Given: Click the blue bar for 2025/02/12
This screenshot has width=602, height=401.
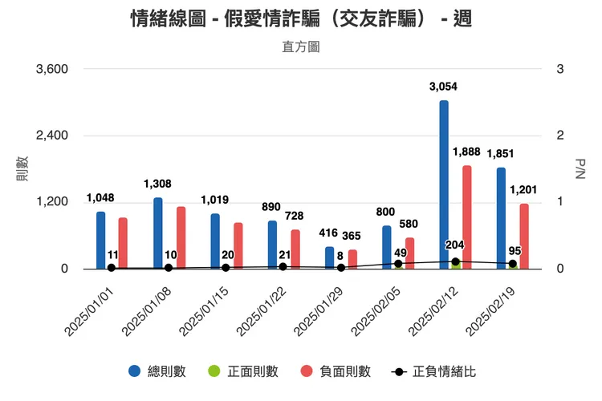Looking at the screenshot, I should click(444, 184).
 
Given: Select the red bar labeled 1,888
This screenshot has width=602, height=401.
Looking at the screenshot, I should click(466, 217).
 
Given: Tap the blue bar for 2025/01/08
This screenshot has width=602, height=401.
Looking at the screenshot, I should click(158, 233).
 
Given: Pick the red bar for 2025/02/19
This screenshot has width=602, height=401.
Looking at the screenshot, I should click(524, 236).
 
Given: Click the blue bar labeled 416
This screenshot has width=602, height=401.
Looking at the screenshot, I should click(330, 257).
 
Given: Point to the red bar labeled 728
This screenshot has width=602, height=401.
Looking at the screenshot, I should click(295, 249).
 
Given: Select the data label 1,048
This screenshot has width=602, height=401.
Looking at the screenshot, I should click(100, 198).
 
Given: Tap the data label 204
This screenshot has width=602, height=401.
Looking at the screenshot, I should click(454, 245).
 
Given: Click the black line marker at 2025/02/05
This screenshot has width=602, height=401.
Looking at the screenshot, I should click(398, 264).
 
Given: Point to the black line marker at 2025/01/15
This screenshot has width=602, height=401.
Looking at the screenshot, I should click(226, 268).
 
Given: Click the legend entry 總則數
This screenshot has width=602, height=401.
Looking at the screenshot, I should click(157, 371).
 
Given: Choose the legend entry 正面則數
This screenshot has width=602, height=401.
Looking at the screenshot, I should click(243, 371).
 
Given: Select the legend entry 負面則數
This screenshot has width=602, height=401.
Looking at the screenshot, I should click(336, 371).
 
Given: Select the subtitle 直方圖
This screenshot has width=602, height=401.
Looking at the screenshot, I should click(301, 47).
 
